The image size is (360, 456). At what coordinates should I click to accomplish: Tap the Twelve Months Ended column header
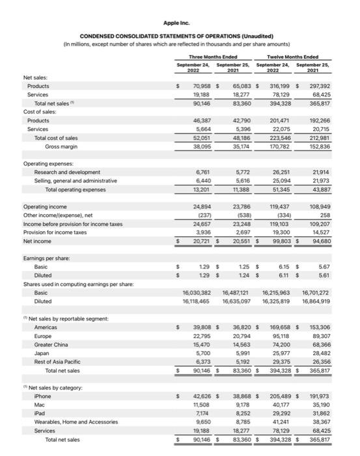click(298, 57)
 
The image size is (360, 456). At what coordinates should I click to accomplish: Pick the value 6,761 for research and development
click(202, 172)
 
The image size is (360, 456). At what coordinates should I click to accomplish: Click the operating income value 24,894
click(201, 207)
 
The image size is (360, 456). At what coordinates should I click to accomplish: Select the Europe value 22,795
click(201, 335)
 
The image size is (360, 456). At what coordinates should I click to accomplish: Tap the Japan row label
click(43, 353)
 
